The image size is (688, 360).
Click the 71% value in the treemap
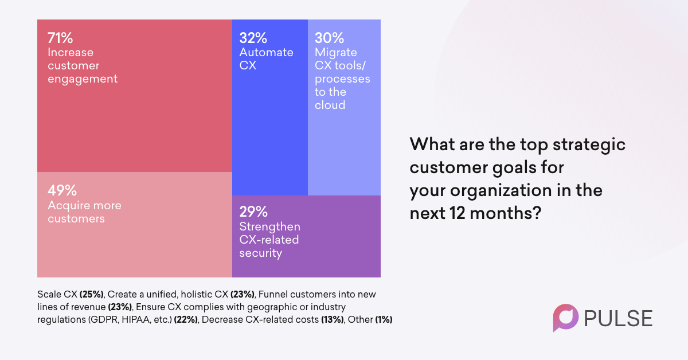(x=60, y=38)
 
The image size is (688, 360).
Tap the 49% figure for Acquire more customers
(x=60, y=190)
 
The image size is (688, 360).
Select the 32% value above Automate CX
(x=253, y=38)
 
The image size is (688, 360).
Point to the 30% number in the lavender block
(x=329, y=38)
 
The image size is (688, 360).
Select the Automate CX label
(x=266, y=58)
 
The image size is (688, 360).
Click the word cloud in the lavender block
(x=330, y=105)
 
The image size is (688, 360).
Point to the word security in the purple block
(x=260, y=253)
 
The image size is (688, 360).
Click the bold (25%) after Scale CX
(x=92, y=294)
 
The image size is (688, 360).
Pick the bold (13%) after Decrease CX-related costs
(x=331, y=319)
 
